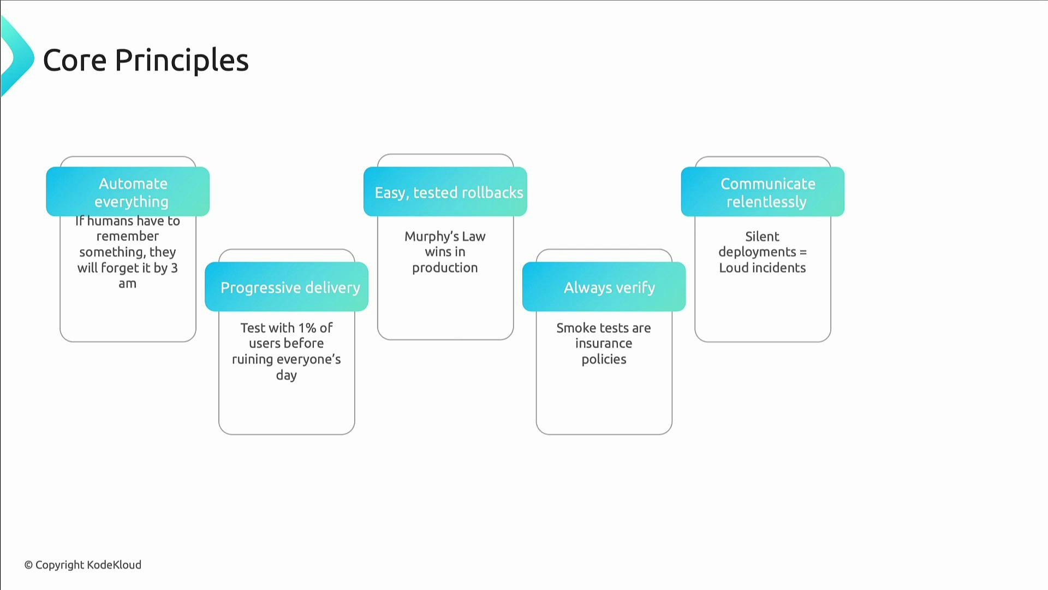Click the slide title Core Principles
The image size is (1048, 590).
point(146,60)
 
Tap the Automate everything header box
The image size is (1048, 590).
point(128,192)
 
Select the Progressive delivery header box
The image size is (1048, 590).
point(287,287)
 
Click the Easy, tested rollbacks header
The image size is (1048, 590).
point(445,192)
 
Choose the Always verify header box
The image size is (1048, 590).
point(604,287)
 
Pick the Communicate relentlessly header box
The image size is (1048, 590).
point(763,192)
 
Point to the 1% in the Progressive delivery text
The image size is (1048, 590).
point(307,328)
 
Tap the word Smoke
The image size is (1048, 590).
point(574,328)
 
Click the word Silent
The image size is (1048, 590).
point(762,237)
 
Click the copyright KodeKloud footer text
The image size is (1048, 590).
point(83,565)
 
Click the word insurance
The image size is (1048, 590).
point(604,344)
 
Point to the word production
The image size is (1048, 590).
point(445,268)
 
